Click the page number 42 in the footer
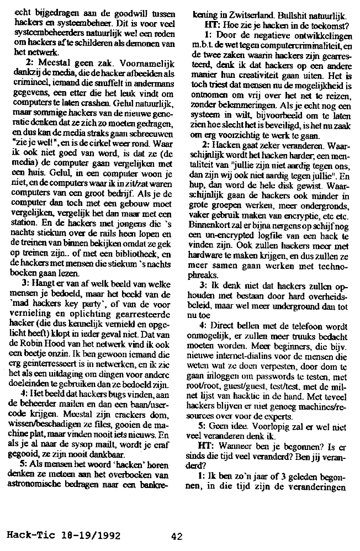point(177,535)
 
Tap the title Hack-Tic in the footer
point(28,535)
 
